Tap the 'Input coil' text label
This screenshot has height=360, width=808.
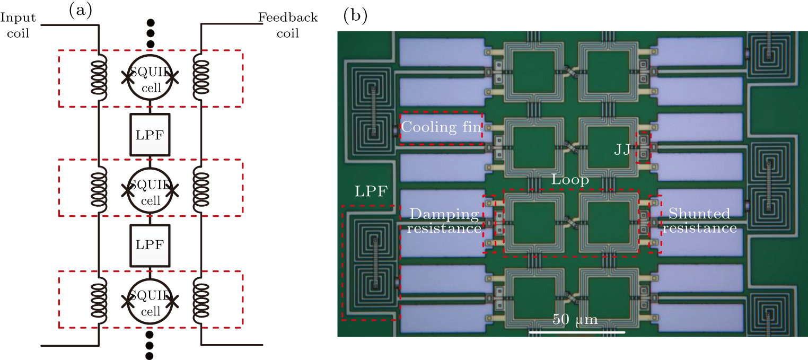(18, 25)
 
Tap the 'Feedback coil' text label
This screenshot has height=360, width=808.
(288, 25)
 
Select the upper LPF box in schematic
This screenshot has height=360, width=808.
(150, 134)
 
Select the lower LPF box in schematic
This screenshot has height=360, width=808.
(150, 245)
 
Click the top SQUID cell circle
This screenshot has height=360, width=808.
(150, 78)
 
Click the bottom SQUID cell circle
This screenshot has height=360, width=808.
(150, 301)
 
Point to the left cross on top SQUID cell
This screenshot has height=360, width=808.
(127, 78)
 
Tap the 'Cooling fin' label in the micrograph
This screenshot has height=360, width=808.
(441, 128)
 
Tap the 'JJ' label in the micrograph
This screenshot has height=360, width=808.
(621, 150)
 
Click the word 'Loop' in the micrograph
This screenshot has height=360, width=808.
(570, 180)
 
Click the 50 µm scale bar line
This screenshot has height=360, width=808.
(577, 332)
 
